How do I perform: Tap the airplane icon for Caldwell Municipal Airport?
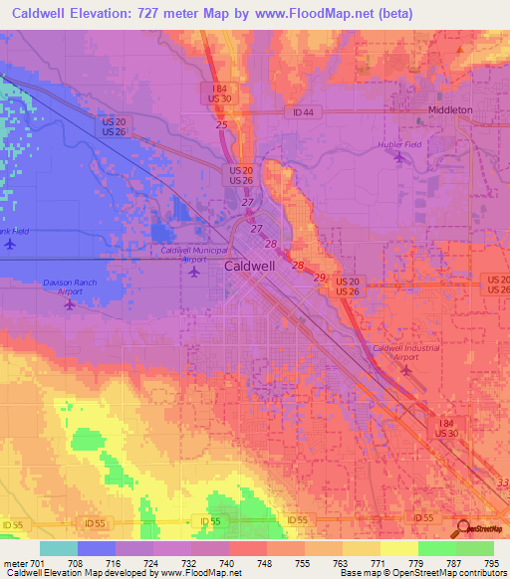click(193, 271)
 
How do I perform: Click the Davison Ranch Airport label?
click(70, 287)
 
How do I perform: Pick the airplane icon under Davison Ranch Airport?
click(69, 303)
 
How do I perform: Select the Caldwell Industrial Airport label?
click(404, 352)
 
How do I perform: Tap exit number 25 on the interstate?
click(220, 124)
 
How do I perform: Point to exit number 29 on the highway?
click(319, 277)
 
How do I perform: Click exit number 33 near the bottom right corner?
click(499, 482)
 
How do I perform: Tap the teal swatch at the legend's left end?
click(58, 548)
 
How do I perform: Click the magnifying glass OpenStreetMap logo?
click(463, 528)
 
